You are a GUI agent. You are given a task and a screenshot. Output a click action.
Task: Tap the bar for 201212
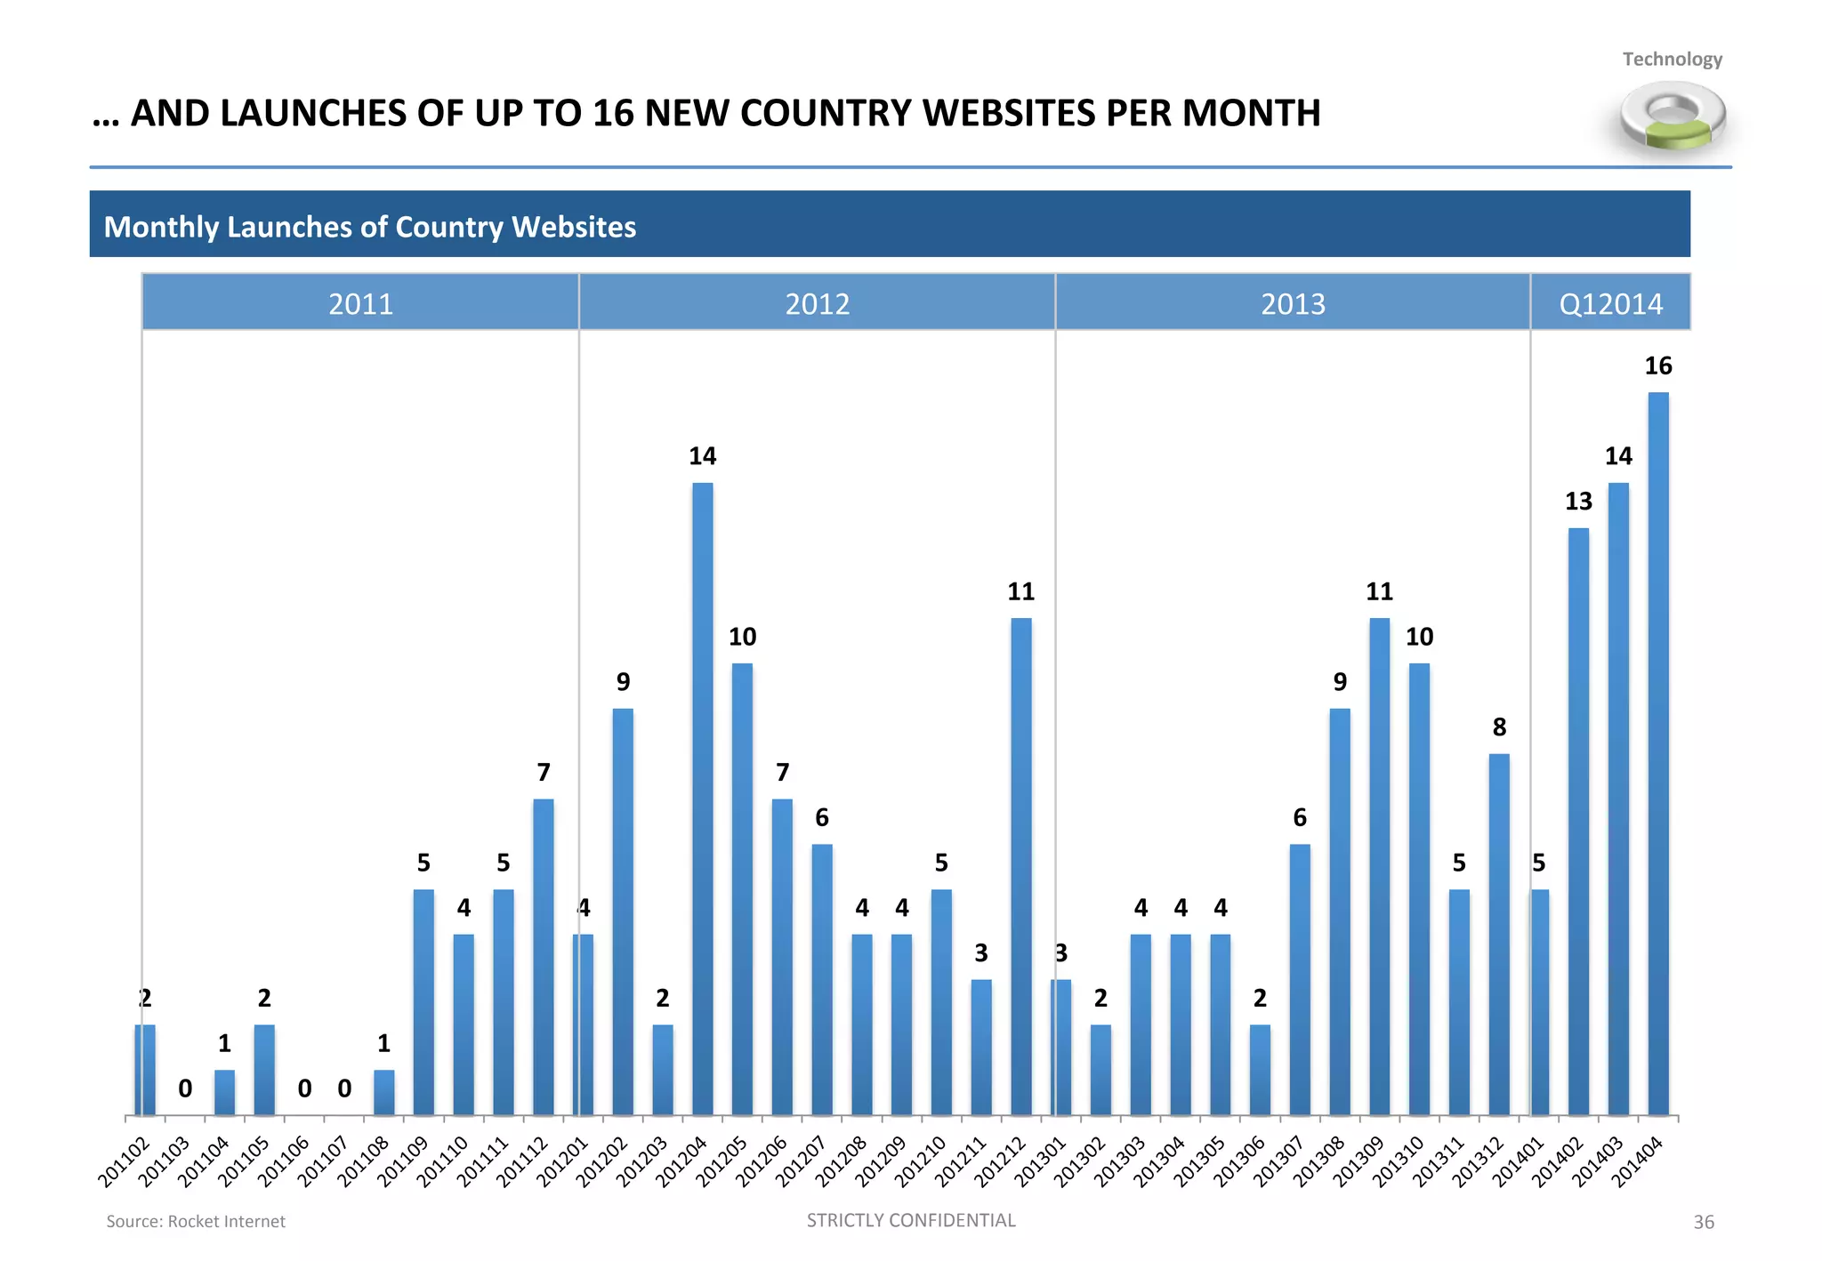1021,866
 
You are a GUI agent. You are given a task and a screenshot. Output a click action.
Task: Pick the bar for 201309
1380,866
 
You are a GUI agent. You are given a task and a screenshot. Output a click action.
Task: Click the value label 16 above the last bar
1658,365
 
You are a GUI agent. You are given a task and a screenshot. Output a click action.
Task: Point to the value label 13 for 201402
1578,502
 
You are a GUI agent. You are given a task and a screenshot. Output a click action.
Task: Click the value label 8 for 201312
1499,727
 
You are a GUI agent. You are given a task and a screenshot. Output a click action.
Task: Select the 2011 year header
360,304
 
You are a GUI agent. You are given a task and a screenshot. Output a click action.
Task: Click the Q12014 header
1610,304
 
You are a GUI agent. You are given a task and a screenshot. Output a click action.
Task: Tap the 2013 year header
1293,304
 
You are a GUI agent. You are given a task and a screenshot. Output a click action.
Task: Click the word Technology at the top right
1672,60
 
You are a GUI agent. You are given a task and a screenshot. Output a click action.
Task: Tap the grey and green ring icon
1673,116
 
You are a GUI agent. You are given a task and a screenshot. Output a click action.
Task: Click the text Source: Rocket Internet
196,1222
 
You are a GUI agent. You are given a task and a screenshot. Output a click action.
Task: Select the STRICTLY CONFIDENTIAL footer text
911,1220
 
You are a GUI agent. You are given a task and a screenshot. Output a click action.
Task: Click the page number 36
1703,1223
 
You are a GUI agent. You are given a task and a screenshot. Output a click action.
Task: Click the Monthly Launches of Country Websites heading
370,227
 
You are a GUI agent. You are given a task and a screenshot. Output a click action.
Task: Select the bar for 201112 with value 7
544,957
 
